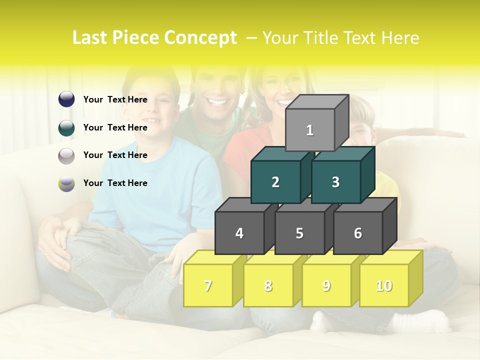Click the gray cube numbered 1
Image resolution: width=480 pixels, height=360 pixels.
[x=309, y=130]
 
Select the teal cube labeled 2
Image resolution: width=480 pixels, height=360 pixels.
[x=275, y=182]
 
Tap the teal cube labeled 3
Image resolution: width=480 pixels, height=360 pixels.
[x=335, y=182]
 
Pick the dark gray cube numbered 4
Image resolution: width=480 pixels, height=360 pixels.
[x=239, y=233]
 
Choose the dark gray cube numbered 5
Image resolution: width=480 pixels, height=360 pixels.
[x=299, y=233]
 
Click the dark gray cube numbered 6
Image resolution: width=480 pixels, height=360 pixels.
[x=358, y=233]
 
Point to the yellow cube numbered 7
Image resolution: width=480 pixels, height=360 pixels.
[x=208, y=285]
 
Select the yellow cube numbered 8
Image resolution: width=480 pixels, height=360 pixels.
[x=268, y=285]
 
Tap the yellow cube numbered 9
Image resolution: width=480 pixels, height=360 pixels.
[x=326, y=285]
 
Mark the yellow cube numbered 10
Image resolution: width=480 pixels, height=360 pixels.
[x=384, y=285]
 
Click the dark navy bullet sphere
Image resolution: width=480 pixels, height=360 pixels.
[x=66, y=99]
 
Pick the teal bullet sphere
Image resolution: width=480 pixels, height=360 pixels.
[x=66, y=127]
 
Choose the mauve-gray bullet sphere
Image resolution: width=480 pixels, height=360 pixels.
[x=66, y=155]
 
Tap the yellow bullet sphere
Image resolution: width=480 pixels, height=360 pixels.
[x=66, y=183]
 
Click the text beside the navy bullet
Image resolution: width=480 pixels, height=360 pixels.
[x=115, y=99]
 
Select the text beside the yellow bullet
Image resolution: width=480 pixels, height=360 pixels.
[x=115, y=183]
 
